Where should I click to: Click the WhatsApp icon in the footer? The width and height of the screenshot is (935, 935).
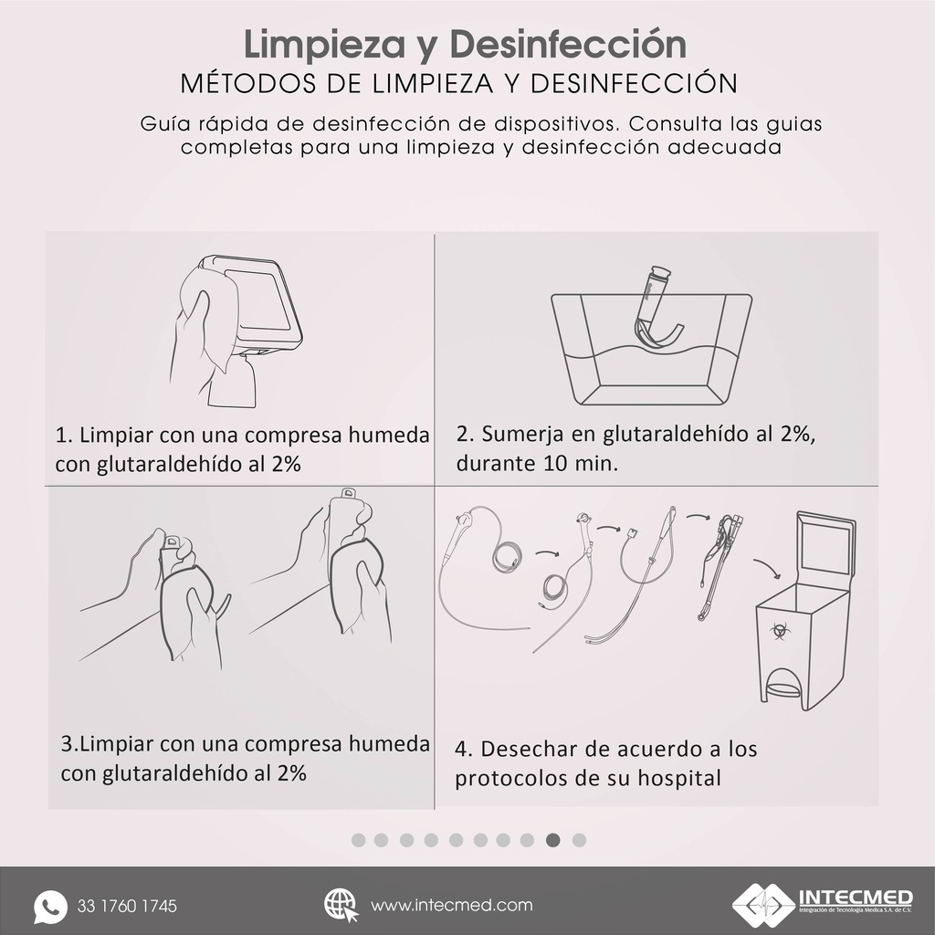coord(51,907)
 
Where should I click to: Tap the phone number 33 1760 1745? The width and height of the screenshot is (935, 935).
coord(128,907)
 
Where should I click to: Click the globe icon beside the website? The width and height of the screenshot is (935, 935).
coord(341,905)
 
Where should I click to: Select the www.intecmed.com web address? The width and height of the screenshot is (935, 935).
coord(452,906)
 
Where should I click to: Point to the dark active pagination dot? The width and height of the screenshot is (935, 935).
coord(553,840)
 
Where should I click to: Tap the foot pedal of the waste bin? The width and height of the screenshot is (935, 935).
coord(783,687)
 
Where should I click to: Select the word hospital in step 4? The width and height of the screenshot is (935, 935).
coord(675,779)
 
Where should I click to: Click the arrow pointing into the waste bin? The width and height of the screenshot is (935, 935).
coord(767,569)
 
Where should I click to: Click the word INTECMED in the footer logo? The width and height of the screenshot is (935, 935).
coord(854,896)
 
